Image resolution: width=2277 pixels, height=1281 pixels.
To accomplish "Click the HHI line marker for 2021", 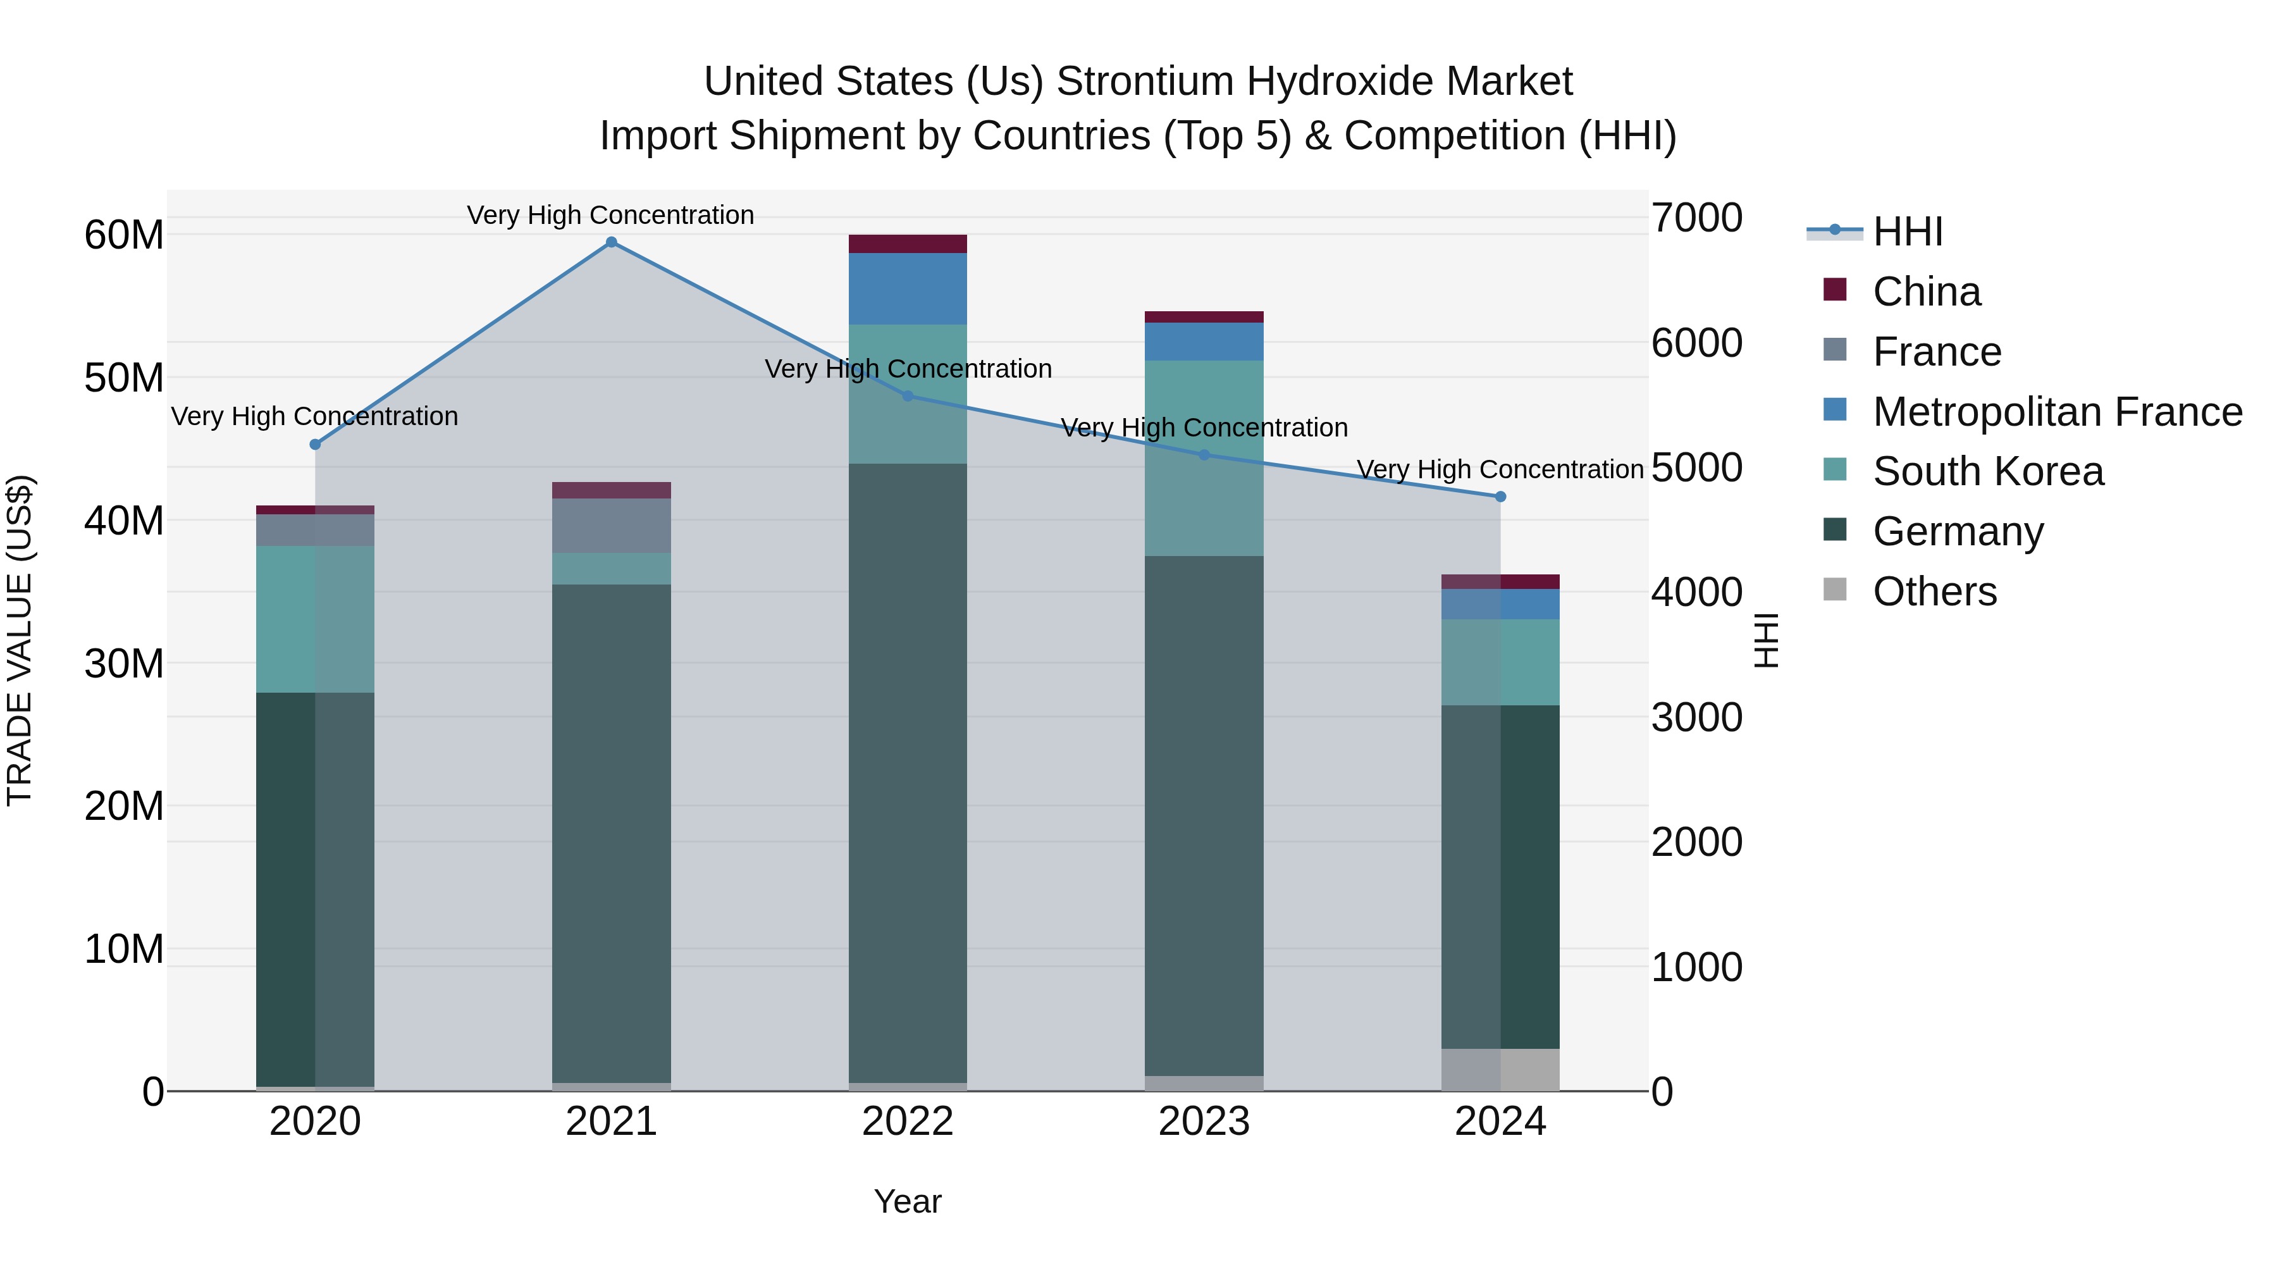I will [x=611, y=242].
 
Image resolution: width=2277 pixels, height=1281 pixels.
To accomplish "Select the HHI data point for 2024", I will [x=1500, y=497].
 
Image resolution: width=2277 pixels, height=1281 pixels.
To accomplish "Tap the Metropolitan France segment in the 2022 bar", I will [x=908, y=288].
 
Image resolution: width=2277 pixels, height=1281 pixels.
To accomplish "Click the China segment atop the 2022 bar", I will [x=908, y=244].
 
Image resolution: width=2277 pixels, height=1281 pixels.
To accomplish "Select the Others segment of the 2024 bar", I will [x=1500, y=1070].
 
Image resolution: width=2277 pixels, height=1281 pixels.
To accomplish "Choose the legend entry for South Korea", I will [x=1987, y=471].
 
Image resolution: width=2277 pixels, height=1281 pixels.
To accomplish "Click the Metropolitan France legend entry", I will [x=2057, y=412].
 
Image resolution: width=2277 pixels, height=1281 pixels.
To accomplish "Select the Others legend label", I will [x=1934, y=591].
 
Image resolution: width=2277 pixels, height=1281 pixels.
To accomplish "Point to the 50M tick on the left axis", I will [x=124, y=378].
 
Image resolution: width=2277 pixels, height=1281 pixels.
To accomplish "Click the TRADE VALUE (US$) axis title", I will [x=20, y=640].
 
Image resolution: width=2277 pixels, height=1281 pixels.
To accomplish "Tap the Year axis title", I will [x=907, y=1201].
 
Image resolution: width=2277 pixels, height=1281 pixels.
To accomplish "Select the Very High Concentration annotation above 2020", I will [x=315, y=416].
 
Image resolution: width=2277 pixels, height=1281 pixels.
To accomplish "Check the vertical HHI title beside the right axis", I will [x=1766, y=640].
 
